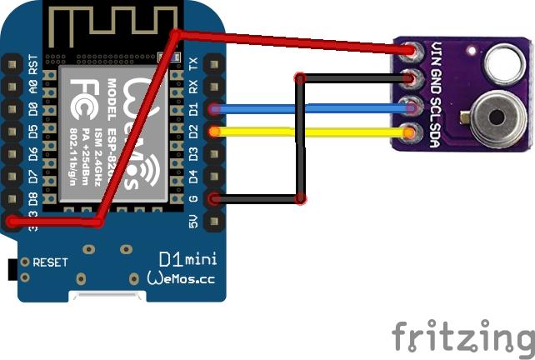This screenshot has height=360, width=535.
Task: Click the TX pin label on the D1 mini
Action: (193, 63)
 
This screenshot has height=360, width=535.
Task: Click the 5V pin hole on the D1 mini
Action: (215, 221)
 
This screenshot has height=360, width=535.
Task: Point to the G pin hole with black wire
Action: (215, 198)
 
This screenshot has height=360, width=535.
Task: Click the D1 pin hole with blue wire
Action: (215, 108)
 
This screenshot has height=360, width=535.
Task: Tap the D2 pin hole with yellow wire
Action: (215, 131)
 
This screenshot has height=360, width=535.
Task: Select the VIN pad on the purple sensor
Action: (409, 52)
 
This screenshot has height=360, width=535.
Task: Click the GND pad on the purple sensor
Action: (409, 80)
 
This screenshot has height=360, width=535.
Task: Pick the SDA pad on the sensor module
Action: (409, 132)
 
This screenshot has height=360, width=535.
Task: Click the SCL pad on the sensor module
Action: (409, 107)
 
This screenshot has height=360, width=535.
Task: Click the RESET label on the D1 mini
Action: (50, 262)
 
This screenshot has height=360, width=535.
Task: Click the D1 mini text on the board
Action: (187, 259)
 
